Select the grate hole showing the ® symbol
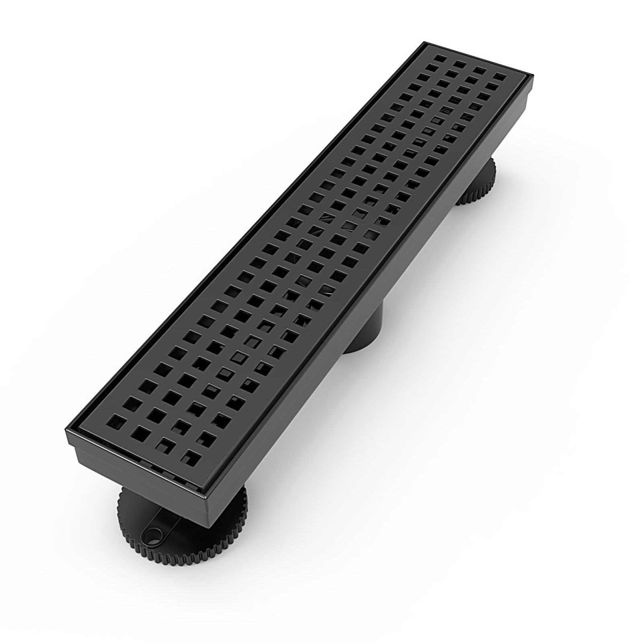[475, 107]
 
